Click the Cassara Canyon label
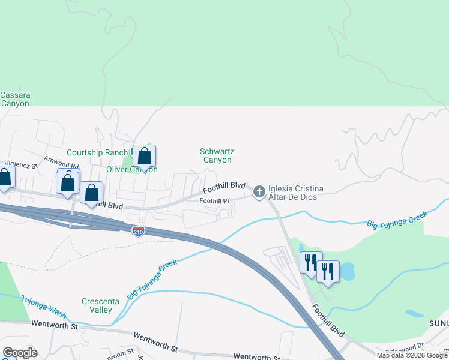click(15, 99)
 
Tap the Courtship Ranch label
click(97, 152)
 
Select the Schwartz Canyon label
click(216, 156)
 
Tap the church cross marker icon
click(259, 192)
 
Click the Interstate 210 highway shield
click(138, 230)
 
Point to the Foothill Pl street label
click(214, 201)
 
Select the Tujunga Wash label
click(43, 305)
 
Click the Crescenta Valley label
click(97, 306)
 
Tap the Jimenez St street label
click(22, 164)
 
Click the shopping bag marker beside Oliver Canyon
click(144, 157)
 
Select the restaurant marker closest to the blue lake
click(328, 272)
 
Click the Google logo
click(19, 353)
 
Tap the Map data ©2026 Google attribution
click(411, 355)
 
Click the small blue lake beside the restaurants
click(347, 272)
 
